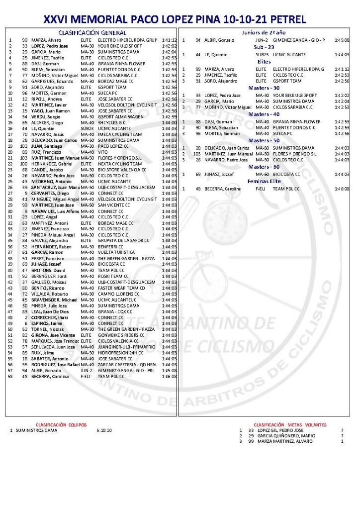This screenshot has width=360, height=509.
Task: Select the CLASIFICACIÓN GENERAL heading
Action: click(x=92, y=32)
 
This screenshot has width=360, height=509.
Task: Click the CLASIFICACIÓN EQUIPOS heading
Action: click(x=61, y=424)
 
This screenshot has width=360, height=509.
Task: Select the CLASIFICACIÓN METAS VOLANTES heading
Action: click(x=290, y=424)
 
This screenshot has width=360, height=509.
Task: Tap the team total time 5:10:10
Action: click(x=104, y=430)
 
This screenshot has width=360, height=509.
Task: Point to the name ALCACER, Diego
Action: click(x=47, y=122)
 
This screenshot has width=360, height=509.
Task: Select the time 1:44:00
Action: click(x=169, y=122)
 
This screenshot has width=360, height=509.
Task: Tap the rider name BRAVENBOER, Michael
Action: click(x=54, y=300)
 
